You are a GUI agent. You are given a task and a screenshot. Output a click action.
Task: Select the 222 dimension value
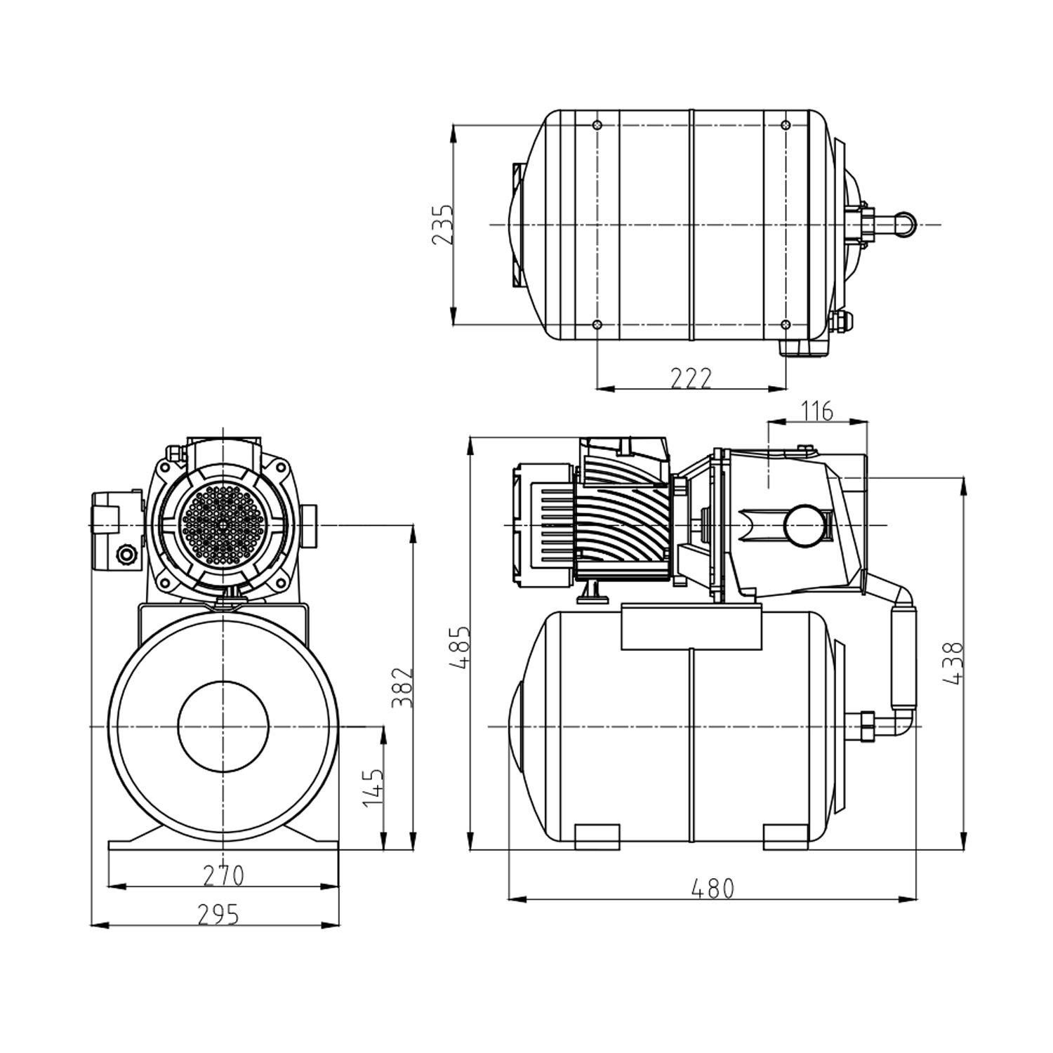coord(691,378)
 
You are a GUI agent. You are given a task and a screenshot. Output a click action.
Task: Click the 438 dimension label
coord(954,662)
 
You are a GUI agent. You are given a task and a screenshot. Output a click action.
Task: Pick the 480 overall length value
coord(712,889)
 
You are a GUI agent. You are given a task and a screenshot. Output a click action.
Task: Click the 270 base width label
coord(223,875)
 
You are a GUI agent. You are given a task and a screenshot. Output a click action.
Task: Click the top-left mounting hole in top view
coord(597,126)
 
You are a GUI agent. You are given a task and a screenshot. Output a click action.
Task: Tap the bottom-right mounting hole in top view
coord(786,324)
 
